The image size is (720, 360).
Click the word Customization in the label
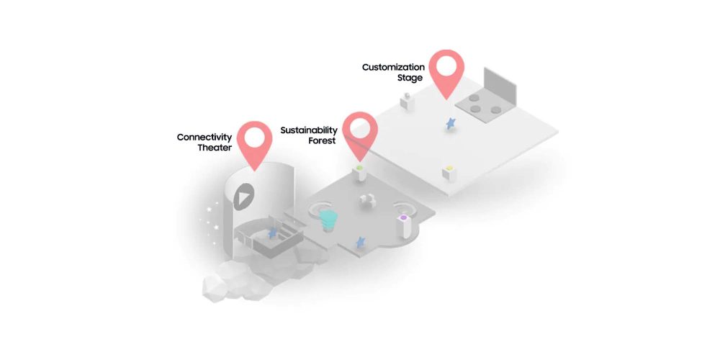click(394, 67)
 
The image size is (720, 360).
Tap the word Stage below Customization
click(410, 78)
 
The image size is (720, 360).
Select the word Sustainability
click(309, 130)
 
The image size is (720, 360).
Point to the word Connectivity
click(204, 138)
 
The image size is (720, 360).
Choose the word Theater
click(215, 148)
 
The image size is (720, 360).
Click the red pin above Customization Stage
click(447, 74)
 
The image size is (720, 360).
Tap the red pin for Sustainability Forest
click(360, 136)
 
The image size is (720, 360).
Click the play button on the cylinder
click(244, 197)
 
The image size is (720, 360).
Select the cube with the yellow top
click(449, 174)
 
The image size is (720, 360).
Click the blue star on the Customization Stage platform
click(451, 123)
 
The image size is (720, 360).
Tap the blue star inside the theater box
click(273, 233)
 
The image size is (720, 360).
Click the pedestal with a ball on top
click(407, 101)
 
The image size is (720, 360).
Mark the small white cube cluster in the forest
click(367, 200)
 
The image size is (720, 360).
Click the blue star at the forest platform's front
click(361, 242)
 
